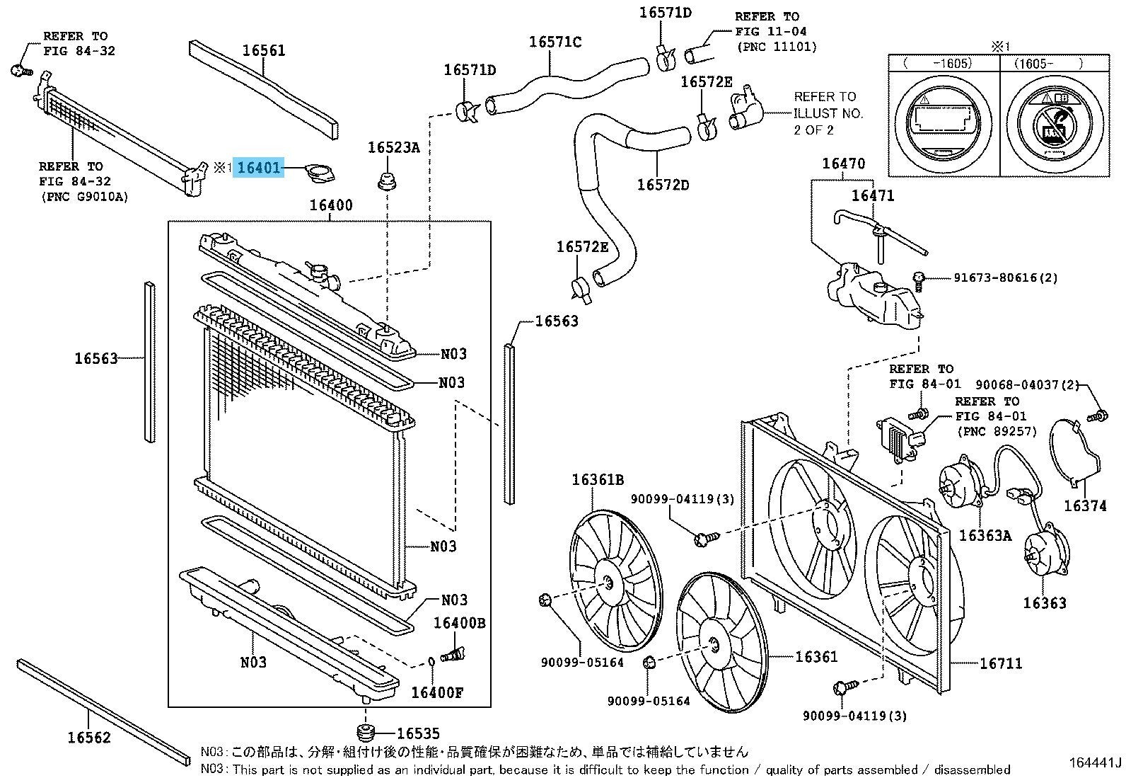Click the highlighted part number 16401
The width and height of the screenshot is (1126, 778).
pos(259,168)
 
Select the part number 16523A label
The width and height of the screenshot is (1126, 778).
pos(393,148)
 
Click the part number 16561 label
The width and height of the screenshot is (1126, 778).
pos(264,50)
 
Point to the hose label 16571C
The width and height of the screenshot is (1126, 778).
pos(555,42)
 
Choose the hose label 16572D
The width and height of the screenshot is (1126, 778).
pos(663,185)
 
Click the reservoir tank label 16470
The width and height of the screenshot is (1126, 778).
pos(843,164)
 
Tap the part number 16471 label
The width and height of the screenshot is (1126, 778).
pos(872,195)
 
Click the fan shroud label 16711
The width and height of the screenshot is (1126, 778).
pos(999,663)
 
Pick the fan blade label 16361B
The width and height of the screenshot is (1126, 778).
pos(598,480)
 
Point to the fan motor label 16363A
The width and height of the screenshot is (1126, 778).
pos(985,536)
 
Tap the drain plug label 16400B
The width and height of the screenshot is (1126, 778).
pos(459,623)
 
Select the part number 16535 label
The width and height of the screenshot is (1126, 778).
pos(418,734)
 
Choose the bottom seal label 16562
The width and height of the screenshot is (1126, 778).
pos(89,738)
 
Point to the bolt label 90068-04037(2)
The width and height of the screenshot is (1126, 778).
pos(1028,384)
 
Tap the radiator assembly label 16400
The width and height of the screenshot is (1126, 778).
pos(330,206)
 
